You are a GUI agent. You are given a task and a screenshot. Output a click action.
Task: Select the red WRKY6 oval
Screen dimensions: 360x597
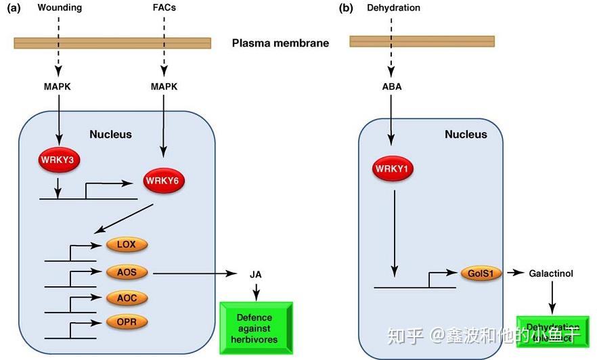click(165, 181)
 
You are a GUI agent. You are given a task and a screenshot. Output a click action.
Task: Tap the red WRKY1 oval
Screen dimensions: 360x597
click(392, 168)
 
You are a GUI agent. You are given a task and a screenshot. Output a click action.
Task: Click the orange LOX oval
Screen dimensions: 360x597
click(126, 245)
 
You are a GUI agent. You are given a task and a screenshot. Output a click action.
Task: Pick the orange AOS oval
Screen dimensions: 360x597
click(126, 273)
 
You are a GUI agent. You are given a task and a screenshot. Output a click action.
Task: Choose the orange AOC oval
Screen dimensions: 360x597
click(126, 298)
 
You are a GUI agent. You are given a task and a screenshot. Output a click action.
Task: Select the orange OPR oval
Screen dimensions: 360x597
click(126, 322)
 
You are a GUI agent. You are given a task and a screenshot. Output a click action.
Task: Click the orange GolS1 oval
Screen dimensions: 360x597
click(481, 273)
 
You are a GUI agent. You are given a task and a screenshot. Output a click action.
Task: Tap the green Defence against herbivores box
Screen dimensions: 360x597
click(255, 328)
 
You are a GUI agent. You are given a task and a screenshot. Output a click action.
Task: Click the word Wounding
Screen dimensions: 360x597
click(60, 8)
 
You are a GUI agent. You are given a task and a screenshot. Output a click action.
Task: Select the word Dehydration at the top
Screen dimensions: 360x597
click(393, 8)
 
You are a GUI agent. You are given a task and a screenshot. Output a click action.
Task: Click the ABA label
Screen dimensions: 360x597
click(391, 87)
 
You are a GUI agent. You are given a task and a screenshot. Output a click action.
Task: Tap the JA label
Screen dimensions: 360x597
click(255, 274)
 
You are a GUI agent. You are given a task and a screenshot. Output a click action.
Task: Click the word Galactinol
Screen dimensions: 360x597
click(551, 273)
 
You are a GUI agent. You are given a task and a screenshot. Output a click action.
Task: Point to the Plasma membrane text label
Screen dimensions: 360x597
click(280, 43)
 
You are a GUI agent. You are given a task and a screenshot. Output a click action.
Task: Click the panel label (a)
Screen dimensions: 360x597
click(12, 8)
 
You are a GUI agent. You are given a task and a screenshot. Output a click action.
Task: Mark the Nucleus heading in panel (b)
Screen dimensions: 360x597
click(466, 134)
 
